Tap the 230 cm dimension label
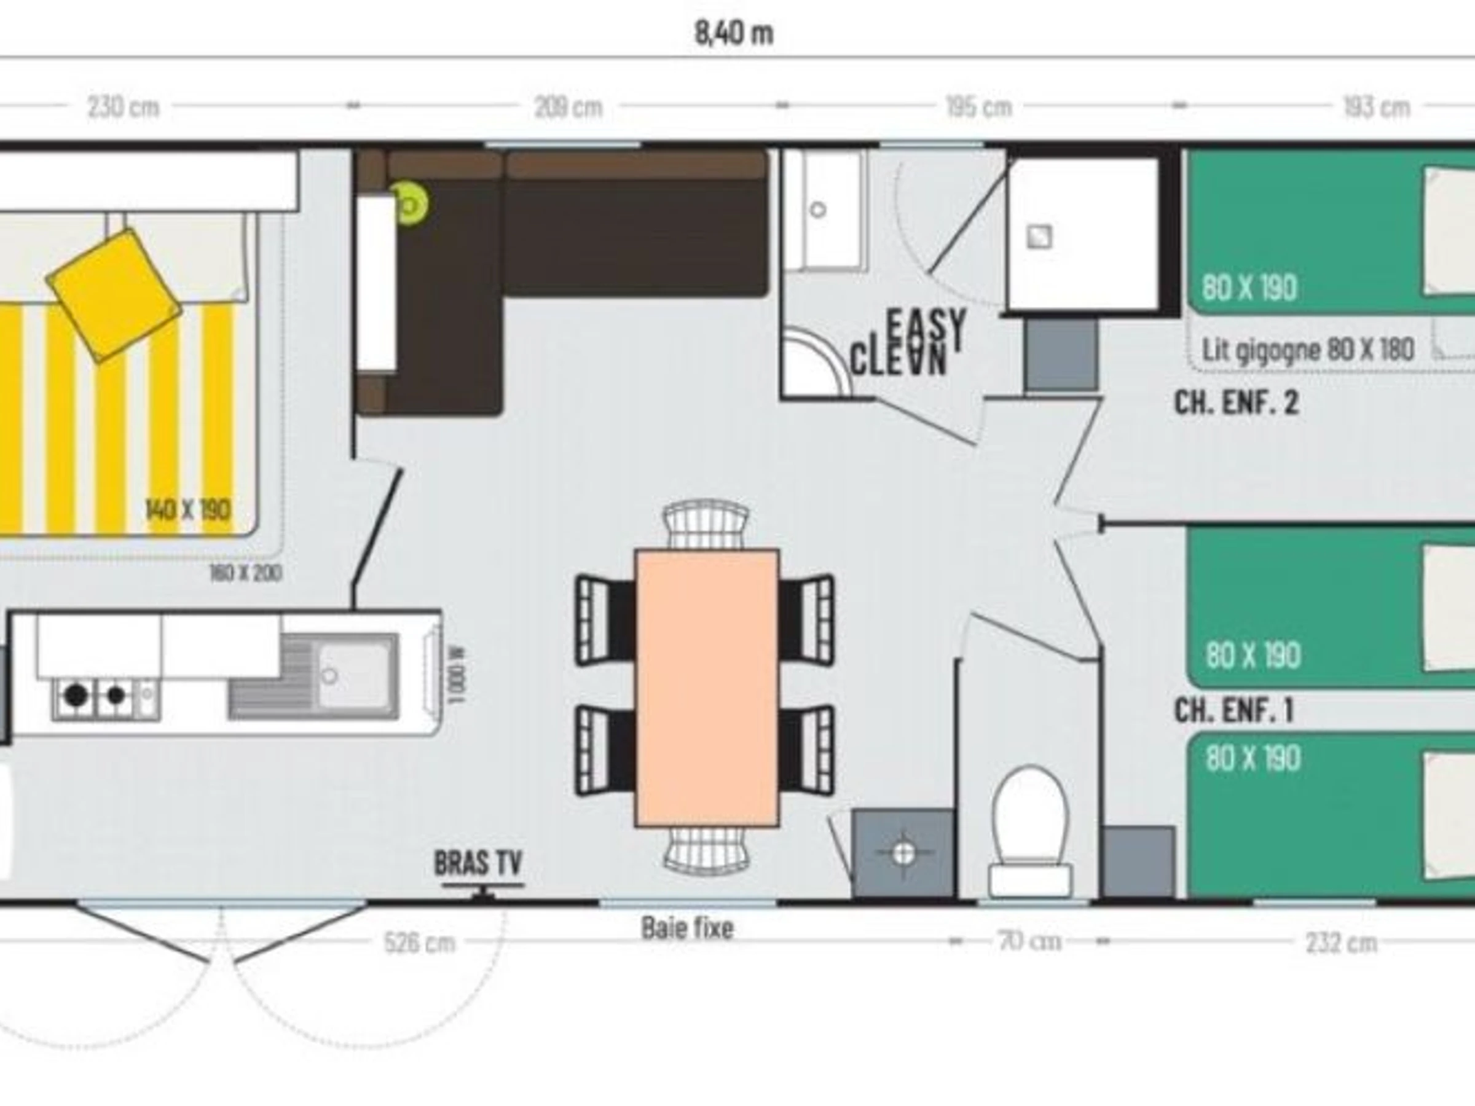[124, 107]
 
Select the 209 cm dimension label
[568, 107]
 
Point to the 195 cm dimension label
[979, 107]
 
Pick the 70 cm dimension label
[1030, 941]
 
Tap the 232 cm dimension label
[1341, 943]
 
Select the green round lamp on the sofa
[409, 205]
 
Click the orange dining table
[707, 688]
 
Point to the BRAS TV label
[478, 863]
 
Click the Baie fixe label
[687, 928]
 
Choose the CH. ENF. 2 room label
[1237, 403]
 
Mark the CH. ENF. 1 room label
[1233, 711]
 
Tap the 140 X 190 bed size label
[188, 510]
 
